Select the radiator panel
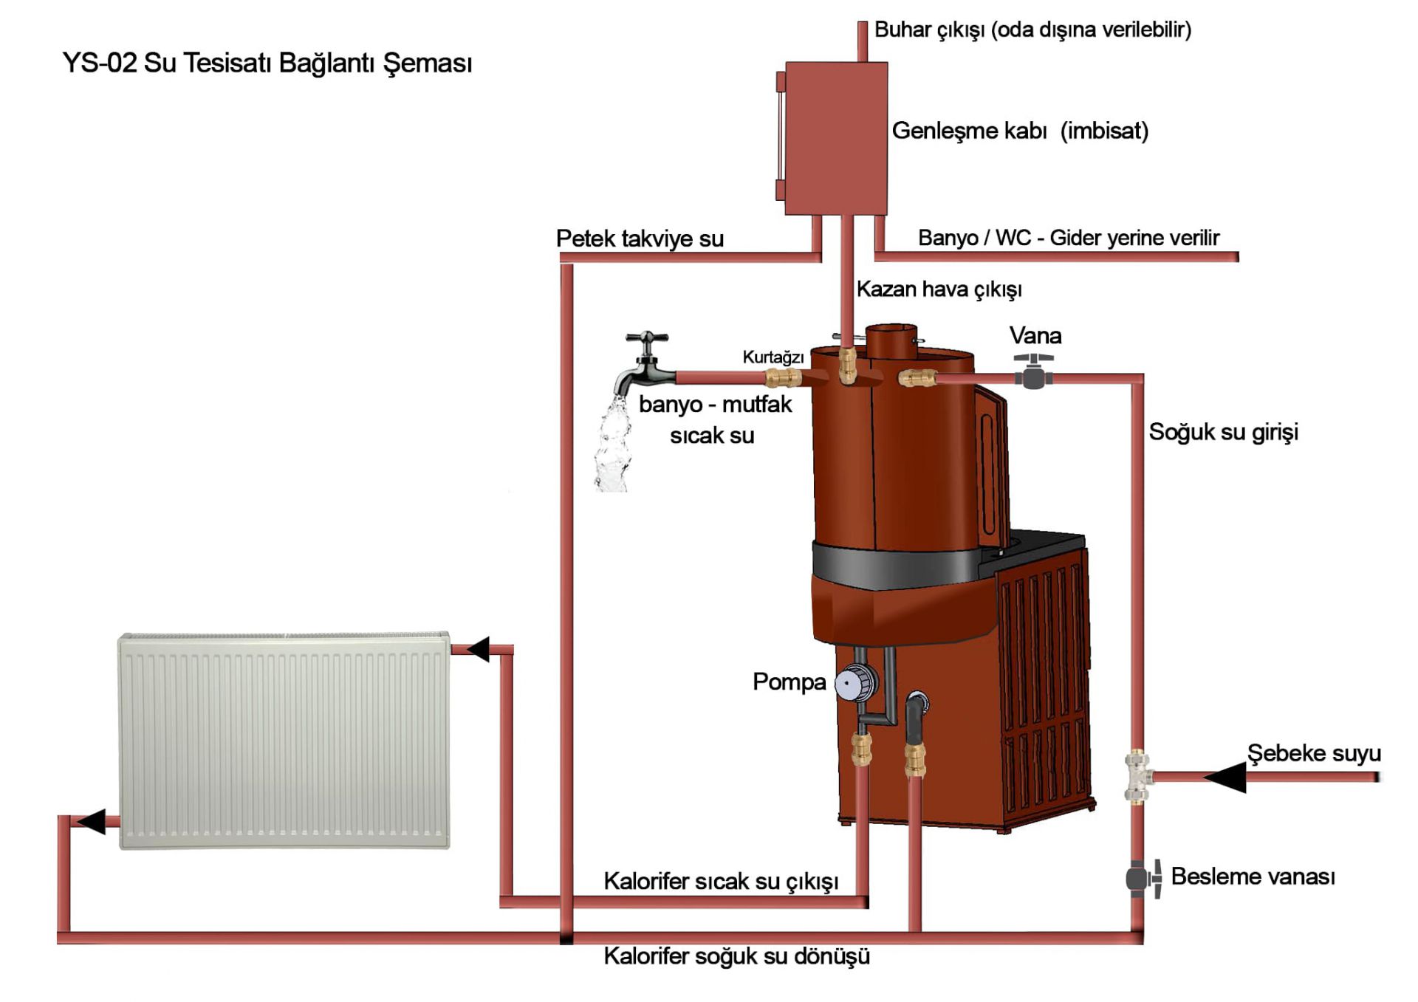tap(284, 740)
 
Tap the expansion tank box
tap(835, 138)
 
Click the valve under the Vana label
tap(1033, 371)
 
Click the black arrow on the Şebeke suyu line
tap(1226, 777)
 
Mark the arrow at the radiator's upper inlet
tap(478, 649)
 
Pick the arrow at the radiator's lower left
tap(92, 821)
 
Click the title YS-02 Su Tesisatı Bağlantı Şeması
tap(267, 64)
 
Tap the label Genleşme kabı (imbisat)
tap(1020, 131)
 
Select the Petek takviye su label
tap(640, 239)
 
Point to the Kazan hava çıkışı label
tap(939, 289)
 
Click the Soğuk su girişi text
tap(1223, 432)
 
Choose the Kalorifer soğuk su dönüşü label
tap(736, 956)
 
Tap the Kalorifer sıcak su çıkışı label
tap(721, 881)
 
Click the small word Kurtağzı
tap(773, 357)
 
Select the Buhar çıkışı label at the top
tap(1032, 30)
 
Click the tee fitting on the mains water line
tap(1138, 776)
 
